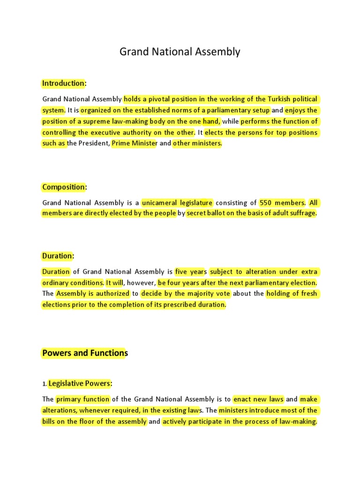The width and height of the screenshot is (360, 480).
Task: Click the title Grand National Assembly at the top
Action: click(180, 52)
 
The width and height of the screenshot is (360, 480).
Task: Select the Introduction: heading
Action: click(64, 83)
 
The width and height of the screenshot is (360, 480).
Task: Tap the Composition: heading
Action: click(65, 187)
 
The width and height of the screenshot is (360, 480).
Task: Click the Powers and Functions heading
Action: click(85, 353)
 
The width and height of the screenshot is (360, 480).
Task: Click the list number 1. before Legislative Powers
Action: click(45, 384)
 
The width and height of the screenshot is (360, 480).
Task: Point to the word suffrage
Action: click(302, 214)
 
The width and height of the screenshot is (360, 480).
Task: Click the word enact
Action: click(244, 399)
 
